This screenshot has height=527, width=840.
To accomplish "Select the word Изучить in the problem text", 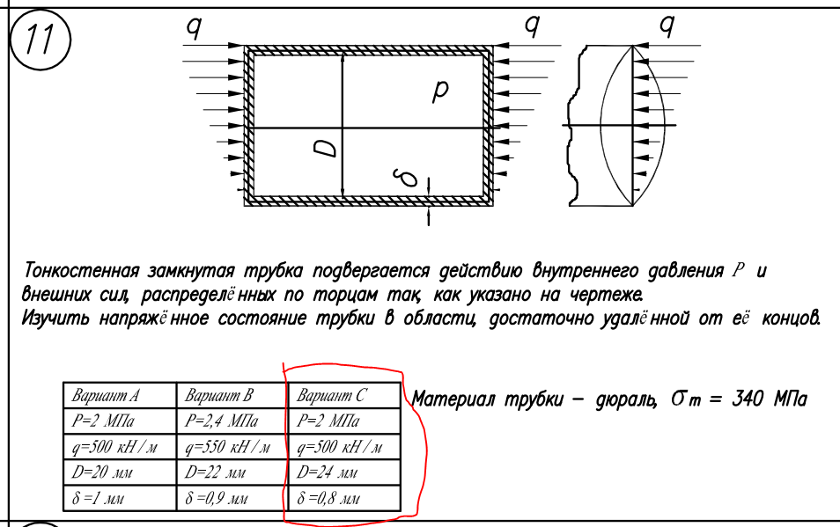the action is (x=57, y=317).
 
